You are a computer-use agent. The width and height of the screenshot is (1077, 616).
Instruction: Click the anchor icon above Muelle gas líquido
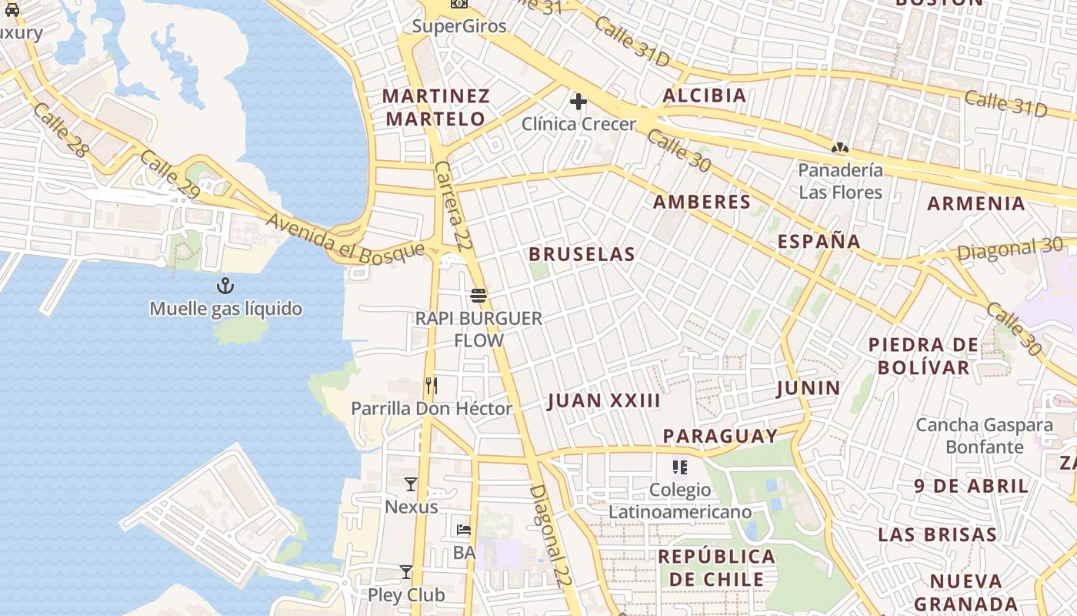pyautogui.click(x=225, y=286)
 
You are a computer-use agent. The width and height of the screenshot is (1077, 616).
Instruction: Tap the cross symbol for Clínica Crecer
pyautogui.click(x=579, y=101)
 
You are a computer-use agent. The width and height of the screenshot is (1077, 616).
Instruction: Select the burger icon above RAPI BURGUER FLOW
pyautogui.click(x=478, y=296)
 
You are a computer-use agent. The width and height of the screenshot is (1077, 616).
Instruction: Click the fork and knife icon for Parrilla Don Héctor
pyautogui.click(x=432, y=386)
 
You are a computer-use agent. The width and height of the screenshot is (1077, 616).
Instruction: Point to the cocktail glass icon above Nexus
pyautogui.click(x=411, y=484)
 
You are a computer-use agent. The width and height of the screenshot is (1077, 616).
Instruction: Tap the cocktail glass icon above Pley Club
pyautogui.click(x=406, y=572)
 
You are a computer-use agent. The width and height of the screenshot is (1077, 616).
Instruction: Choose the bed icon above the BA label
pyautogui.click(x=463, y=530)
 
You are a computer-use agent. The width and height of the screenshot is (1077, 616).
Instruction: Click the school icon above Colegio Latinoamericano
pyautogui.click(x=679, y=467)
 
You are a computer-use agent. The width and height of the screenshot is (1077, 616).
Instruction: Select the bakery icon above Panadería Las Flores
pyautogui.click(x=839, y=147)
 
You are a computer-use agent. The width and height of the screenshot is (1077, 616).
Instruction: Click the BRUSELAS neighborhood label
pyautogui.click(x=582, y=254)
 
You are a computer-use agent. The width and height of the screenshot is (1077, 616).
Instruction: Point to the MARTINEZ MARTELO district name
pyautogui.click(x=436, y=107)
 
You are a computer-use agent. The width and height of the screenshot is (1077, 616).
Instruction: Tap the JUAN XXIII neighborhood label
pyautogui.click(x=604, y=400)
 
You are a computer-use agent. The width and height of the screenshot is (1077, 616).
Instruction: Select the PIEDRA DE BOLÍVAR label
pyautogui.click(x=923, y=356)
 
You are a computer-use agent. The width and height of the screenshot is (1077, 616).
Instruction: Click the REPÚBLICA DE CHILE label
pyautogui.click(x=716, y=567)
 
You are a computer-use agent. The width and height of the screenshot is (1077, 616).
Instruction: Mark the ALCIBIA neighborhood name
pyautogui.click(x=705, y=95)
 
